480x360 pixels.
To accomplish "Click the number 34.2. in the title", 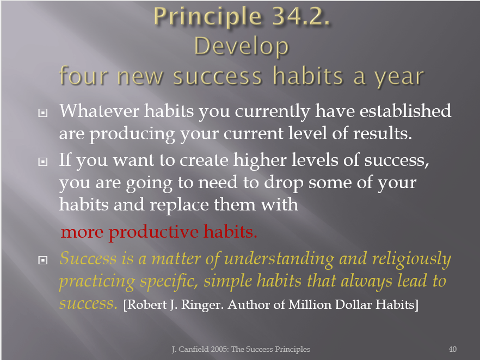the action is pos(301,16).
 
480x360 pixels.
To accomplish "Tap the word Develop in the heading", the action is pos(242,47).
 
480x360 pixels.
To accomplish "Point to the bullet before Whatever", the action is pos(43,113).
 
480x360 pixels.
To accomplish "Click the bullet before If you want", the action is pos(43,162).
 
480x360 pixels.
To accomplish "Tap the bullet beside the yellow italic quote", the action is pos(43,260).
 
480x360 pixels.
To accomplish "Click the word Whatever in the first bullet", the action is pos(99,111).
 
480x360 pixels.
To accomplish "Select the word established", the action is pos(405,111).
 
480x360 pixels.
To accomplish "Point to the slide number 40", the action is pos(452,349).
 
